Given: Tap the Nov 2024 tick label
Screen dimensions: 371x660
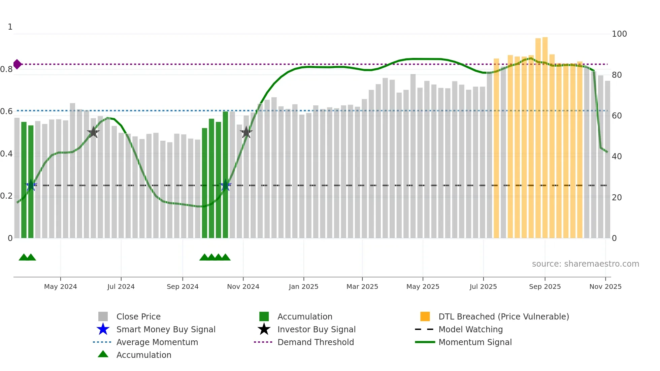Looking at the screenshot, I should coord(243,287).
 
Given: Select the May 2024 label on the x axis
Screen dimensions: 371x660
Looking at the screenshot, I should coord(61,287).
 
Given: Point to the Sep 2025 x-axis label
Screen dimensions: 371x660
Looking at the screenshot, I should coord(545,287).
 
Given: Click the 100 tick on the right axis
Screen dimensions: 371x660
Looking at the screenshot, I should coord(619,34).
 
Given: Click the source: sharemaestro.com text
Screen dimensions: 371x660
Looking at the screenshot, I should coord(585,264).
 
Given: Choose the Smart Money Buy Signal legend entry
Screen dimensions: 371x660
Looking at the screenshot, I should coord(166,330).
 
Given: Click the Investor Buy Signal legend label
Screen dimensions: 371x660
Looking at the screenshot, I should coord(316,330).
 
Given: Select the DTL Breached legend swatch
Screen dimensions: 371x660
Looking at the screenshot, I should coord(425,316).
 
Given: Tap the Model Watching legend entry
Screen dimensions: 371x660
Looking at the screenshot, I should coord(470,330).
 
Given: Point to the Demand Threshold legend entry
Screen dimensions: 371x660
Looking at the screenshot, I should coord(316,342).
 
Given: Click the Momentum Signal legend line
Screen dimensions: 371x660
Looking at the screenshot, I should coord(425,342).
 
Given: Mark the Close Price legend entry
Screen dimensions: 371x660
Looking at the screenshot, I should coord(138,317).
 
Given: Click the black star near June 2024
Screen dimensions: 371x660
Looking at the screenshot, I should coord(93,132).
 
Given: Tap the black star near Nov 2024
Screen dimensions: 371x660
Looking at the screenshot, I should coord(246,132).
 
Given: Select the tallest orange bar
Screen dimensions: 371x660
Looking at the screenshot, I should coord(545,135).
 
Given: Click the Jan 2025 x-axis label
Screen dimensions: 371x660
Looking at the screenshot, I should coord(303,287).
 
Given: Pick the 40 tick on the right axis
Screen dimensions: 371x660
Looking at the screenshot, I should coord(617,157).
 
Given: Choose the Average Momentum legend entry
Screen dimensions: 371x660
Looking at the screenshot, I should coord(157,342).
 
